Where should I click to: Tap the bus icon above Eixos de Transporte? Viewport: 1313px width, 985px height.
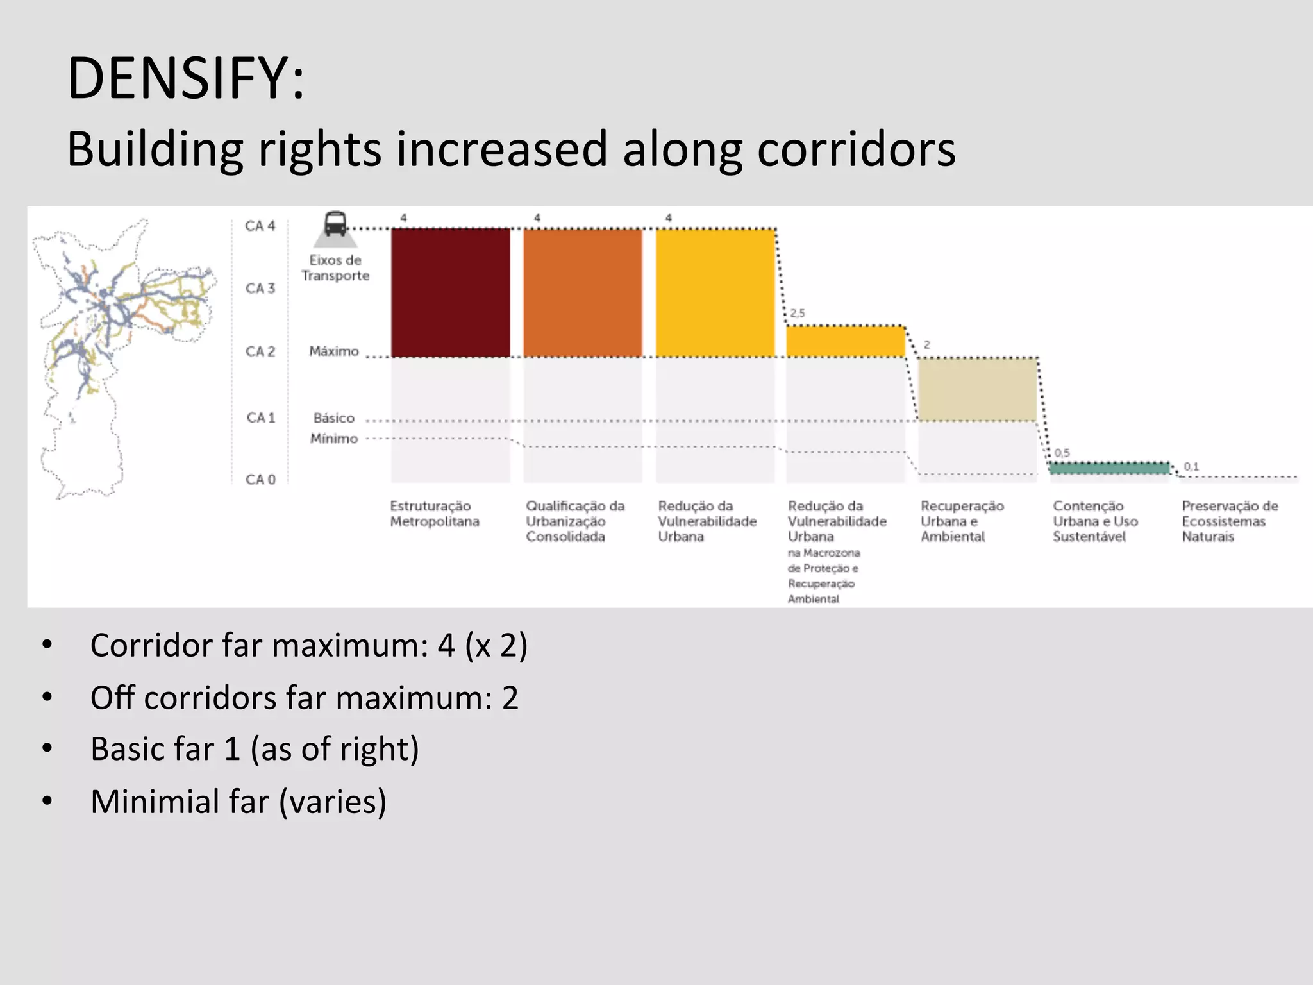(335, 224)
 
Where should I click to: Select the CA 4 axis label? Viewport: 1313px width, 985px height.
(260, 226)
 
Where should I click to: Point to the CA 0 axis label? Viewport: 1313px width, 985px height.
(260, 480)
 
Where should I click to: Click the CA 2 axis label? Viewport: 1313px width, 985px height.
(260, 351)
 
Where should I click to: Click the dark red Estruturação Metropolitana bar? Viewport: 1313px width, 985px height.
(451, 292)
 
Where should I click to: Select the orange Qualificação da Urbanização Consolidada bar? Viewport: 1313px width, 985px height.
(582, 292)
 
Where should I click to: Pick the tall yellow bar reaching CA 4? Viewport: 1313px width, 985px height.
(715, 292)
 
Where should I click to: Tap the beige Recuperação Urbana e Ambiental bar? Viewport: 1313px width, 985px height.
(977, 389)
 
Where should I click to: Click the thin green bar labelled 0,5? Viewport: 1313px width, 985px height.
(1109, 468)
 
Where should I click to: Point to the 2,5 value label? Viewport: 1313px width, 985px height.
(797, 313)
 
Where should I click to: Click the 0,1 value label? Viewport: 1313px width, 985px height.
(1191, 466)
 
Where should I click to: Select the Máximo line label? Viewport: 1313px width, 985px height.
(334, 351)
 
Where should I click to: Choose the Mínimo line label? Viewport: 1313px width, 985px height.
(334, 439)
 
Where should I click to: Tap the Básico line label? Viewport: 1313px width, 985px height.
(334, 418)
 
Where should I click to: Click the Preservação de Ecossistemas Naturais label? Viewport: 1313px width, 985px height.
(1229, 521)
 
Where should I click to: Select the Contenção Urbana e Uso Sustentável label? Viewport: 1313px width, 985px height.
(1094, 521)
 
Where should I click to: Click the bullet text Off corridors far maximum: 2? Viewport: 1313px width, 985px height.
(304, 698)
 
